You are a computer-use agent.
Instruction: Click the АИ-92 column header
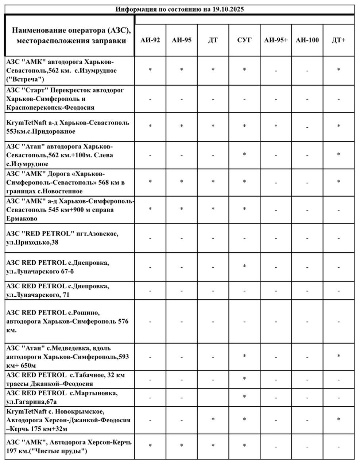[x=150, y=40]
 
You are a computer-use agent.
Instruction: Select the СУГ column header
[x=244, y=40]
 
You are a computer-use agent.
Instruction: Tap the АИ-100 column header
[x=307, y=40]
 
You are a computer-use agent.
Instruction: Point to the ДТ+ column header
[x=338, y=40]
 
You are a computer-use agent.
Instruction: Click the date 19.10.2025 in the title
[x=228, y=9]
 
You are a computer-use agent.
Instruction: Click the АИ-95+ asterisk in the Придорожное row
[x=276, y=126]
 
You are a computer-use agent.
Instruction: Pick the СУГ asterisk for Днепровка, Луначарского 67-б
[x=244, y=266]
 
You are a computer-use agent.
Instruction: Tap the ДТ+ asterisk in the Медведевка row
[x=338, y=356]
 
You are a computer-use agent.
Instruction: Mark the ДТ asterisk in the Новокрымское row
[x=213, y=419]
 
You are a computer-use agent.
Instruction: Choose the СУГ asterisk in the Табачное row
[x=244, y=379]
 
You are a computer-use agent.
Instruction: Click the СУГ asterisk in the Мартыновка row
[x=244, y=397]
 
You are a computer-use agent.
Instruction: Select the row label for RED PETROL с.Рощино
[x=67, y=321]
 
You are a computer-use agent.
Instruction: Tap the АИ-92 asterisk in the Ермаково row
[x=150, y=209]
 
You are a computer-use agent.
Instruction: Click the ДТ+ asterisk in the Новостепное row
[x=338, y=182]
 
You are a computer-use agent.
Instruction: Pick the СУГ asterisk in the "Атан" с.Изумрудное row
[x=244, y=154]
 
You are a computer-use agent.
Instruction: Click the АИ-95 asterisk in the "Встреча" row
[x=182, y=70]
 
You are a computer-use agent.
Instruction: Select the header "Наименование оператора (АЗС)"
[x=71, y=30]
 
